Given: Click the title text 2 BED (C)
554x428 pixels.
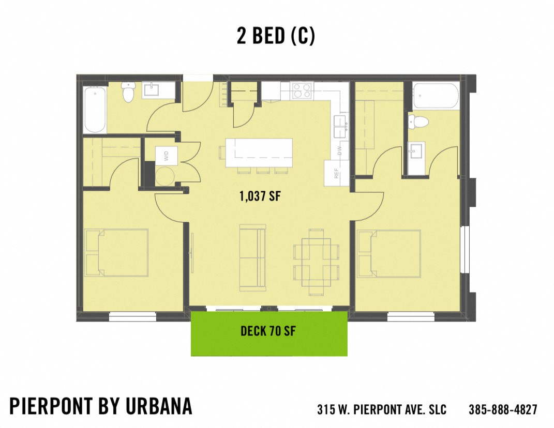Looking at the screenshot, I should tap(276, 36).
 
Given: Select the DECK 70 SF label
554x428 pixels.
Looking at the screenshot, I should tap(268, 331).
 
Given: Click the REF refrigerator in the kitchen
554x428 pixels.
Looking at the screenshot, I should tap(335, 173).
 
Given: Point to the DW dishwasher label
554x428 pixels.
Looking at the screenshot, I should tap(340, 150).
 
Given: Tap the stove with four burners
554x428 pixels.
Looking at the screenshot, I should tap(302, 91).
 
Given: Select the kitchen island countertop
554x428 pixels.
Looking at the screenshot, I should tap(259, 152).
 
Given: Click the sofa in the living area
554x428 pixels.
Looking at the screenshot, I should tap(252, 257).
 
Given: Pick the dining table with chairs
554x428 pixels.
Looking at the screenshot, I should tap(317, 262).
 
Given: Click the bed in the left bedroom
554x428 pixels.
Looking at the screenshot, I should tap(117, 253).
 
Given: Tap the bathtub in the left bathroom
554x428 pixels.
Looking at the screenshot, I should tap(95, 109).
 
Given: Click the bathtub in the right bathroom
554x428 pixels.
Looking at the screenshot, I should tap(436, 96).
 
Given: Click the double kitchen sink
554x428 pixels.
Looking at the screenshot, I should tap(340, 126).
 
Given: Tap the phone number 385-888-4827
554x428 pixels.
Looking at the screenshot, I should tap(503, 409).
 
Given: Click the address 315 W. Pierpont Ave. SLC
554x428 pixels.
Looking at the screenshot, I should tap(382, 409).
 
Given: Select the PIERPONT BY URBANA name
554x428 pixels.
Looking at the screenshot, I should tap(101, 406).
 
